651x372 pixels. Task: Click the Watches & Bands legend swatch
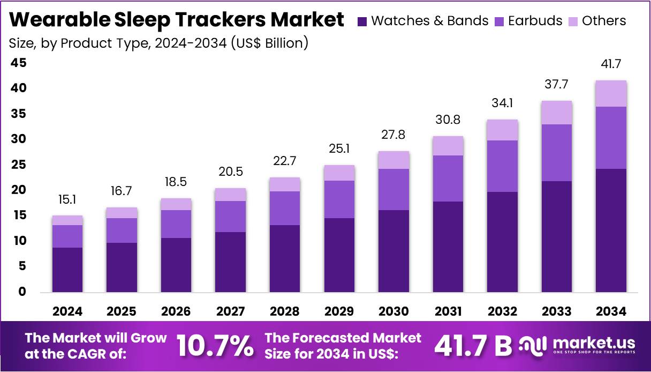coord(362,21)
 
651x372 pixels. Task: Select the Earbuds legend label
coord(535,21)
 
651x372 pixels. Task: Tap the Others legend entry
coord(603,21)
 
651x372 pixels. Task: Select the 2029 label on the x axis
coord(339,311)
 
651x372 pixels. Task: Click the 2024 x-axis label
coord(67,311)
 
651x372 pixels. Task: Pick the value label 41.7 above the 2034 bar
coord(611,64)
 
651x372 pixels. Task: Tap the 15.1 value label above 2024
coord(67,200)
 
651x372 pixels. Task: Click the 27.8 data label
coord(393,135)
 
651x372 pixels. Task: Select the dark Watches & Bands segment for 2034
coord(611,230)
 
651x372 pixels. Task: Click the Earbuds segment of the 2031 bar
coord(448,178)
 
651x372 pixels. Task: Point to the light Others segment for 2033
coord(556,113)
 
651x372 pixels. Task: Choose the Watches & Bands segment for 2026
coord(176,265)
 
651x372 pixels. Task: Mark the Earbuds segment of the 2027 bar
coord(230,217)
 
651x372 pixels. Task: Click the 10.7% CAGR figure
coord(215,347)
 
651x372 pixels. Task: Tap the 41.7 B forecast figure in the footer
coord(473,347)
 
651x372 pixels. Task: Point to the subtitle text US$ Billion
coord(270,43)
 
